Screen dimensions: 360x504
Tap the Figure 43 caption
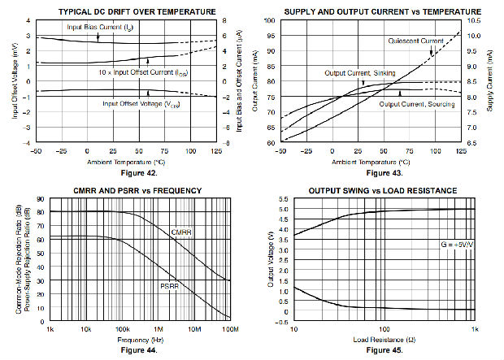(371, 172)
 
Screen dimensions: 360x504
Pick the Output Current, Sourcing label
(415, 103)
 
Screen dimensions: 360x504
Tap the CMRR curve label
(181, 232)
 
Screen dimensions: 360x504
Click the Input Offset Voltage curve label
(141, 103)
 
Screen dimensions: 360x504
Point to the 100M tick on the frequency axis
(230, 330)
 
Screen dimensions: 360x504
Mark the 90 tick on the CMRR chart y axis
(40, 199)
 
